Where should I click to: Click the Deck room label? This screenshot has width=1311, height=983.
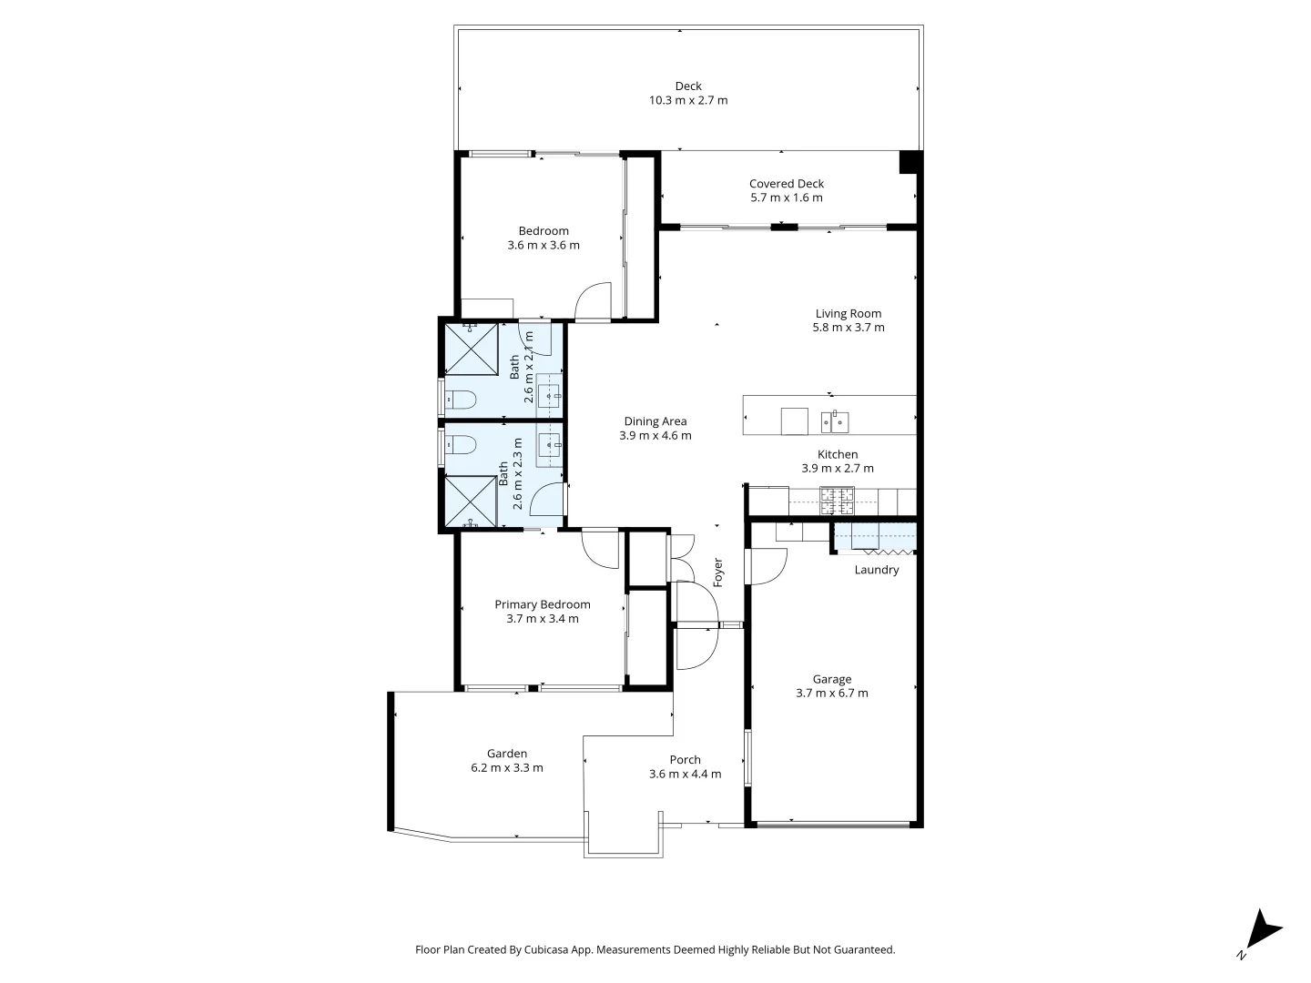coord(688,86)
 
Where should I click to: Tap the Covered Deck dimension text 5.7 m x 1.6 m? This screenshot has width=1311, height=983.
coord(786,198)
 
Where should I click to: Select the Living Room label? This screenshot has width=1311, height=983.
coord(848,313)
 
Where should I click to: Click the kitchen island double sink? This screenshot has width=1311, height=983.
coord(834,421)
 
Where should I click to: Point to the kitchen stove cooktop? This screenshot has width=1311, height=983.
coord(837,495)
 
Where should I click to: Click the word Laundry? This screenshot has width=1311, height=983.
coord(876,570)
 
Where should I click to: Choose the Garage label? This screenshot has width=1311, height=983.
coord(831,679)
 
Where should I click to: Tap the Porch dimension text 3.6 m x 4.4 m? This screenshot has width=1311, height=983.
coord(685,774)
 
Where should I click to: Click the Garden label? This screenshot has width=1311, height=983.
coord(506,754)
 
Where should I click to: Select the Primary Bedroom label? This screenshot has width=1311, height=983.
coord(542,604)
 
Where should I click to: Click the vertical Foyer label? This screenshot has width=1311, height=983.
coord(717,572)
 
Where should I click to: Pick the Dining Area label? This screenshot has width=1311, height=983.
coord(655,421)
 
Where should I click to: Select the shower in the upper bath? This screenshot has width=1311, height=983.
coord(471,348)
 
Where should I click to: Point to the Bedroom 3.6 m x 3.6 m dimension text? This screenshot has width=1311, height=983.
coord(543,245)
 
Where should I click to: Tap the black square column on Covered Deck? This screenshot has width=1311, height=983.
coord(910,161)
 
